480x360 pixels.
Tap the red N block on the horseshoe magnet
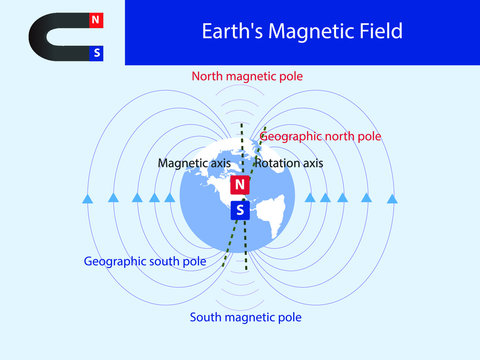point(95,19)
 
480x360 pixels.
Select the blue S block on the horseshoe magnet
point(95,53)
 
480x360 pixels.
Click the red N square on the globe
point(239,185)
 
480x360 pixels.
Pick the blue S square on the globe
point(239,210)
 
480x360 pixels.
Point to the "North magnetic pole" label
point(247,76)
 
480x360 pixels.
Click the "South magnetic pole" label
point(245,317)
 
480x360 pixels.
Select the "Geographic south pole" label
point(145,261)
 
